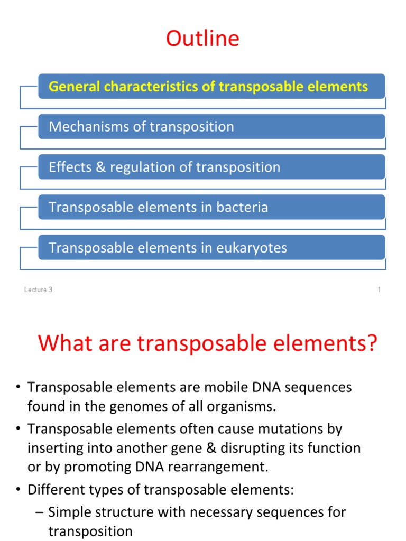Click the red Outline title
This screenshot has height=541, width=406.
(202, 39)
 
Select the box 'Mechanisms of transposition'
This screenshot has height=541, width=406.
(211, 127)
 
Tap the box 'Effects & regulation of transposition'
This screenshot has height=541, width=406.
(211, 167)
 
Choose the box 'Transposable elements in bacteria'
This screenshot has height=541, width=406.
(211, 208)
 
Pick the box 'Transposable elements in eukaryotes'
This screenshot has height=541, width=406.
(211, 248)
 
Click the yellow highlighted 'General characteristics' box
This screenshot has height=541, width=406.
(211, 87)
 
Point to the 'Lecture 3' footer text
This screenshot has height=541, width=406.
(38, 290)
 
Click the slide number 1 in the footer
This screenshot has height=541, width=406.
(379, 290)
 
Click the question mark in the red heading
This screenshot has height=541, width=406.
(372, 343)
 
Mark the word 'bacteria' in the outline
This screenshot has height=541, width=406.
(242, 208)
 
